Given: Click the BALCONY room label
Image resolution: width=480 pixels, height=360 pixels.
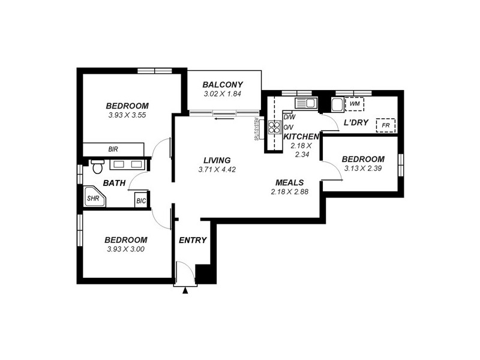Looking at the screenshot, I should (x=222, y=85).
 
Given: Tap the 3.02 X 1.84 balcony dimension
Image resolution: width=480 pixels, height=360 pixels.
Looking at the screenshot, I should (x=222, y=94).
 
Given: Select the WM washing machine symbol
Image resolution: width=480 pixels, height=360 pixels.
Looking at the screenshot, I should (x=355, y=104).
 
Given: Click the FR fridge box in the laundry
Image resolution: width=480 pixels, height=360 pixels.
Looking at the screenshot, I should (x=385, y=126).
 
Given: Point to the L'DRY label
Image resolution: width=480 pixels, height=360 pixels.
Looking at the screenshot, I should (x=355, y=122).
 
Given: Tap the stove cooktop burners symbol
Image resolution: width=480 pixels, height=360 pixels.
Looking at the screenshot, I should (x=275, y=127).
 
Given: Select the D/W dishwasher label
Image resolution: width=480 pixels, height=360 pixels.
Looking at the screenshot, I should (x=289, y=118).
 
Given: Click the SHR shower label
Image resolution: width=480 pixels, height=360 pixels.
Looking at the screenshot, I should (x=94, y=197).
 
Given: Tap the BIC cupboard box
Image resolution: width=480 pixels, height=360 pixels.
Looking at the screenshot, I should (x=140, y=200).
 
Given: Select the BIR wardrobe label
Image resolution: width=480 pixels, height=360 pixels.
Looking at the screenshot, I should (x=113, y=149).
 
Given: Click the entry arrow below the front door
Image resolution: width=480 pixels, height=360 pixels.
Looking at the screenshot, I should (x=185, y=291).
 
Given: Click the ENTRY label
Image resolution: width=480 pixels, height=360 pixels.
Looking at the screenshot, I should (x=193, y=240).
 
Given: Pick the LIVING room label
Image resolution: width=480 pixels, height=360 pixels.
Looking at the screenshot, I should (x=217, y=160).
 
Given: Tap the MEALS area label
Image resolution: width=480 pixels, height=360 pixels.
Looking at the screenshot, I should (x=289, y=182).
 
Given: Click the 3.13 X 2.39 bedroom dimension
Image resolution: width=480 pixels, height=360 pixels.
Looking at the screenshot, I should (x=363, y=169).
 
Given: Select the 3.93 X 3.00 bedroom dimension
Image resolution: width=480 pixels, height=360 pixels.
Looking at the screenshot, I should (x=126, y=249).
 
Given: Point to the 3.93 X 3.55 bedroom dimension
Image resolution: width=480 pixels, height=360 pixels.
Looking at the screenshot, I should (x=128, y=115).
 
